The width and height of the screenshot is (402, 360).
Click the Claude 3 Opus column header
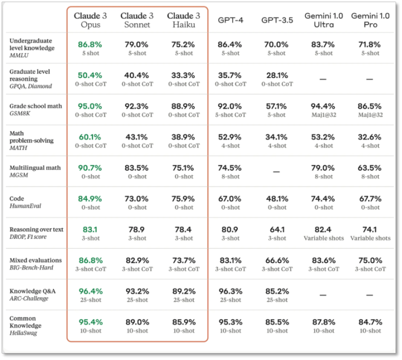click(90, 20)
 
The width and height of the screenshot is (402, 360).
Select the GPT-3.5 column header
click(277, 20)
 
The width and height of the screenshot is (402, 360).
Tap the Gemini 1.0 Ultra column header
click(324, 20)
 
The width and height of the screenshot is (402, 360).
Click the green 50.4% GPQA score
click(90, 75)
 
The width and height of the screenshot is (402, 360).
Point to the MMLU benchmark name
click(19, 55)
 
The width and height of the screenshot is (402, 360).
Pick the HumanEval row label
click(25, 206)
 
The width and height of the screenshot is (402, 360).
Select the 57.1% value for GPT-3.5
click(276, 106)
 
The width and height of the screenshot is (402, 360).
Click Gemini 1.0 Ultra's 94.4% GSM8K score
click(323, 106)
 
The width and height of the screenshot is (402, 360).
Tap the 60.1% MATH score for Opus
click(90, 137)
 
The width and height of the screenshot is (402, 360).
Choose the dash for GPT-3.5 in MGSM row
click(276, 171)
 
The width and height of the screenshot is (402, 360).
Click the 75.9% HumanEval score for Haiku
click(183, 199)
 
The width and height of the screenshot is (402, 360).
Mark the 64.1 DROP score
click(277, 229)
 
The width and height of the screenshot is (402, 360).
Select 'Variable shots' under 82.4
click(324, 238)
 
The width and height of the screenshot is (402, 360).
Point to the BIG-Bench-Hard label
click(31, 268)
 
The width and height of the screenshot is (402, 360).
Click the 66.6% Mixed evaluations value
click(277, 260)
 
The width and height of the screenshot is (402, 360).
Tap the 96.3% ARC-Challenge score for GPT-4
click(230, 291)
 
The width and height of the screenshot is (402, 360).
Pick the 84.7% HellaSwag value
click(370, 322)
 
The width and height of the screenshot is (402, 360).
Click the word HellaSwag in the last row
click(23, 333)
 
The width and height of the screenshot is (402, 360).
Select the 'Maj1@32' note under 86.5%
click(370, 115)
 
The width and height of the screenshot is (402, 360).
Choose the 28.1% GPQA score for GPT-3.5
click(277, 75)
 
